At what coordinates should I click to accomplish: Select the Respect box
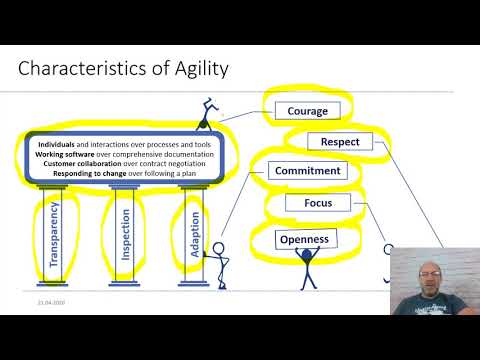[340, 142]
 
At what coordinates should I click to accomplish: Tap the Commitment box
[307, 171]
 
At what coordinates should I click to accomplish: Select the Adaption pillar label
[194, 232]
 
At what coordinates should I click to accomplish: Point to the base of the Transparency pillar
[56, 288]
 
